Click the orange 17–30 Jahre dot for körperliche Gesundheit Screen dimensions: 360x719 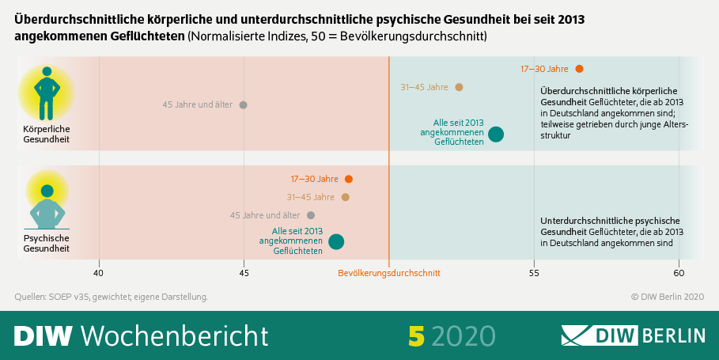[579, 69]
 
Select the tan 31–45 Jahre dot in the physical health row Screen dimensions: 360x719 [459, 87]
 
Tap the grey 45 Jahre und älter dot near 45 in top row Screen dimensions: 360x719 [243, 104]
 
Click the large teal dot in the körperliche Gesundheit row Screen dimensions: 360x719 [496, 134]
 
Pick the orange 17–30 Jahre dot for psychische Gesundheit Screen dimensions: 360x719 [349, 179]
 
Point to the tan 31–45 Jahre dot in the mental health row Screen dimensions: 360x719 [345, 197]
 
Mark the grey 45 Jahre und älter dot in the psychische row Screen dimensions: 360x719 [311, 215]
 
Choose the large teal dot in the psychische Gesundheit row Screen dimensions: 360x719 [336, 241]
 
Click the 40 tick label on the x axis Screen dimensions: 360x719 [99, 273]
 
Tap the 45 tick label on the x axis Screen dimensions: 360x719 [244, 273]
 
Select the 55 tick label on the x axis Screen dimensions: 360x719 [534, 273]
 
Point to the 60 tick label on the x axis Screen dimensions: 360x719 [679, 273]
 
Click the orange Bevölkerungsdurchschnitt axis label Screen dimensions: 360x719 [388, 273]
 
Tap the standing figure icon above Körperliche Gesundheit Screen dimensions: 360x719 [47, 93]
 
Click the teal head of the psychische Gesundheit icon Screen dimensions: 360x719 [47, 191]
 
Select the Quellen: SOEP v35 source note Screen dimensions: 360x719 [111, 297]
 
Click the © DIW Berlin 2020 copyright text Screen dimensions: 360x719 [667, 297]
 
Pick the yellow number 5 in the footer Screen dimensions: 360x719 [416, 335]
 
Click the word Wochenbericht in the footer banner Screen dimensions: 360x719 [175, 335]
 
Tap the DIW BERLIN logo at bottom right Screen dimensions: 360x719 [633, 335]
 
